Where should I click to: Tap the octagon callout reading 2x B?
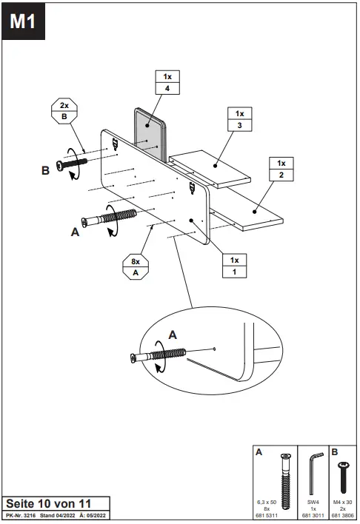click(64, 111)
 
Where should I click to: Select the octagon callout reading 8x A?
click(136, 266)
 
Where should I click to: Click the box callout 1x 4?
click(167, 82)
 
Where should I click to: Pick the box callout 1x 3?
click(239, 120)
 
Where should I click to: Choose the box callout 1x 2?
click(281, 169)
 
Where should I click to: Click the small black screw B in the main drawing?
click(75, 163)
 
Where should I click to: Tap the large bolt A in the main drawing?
click(111, 218)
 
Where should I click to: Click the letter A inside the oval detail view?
click(173, 334)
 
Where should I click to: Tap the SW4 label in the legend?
click(313, 502)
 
